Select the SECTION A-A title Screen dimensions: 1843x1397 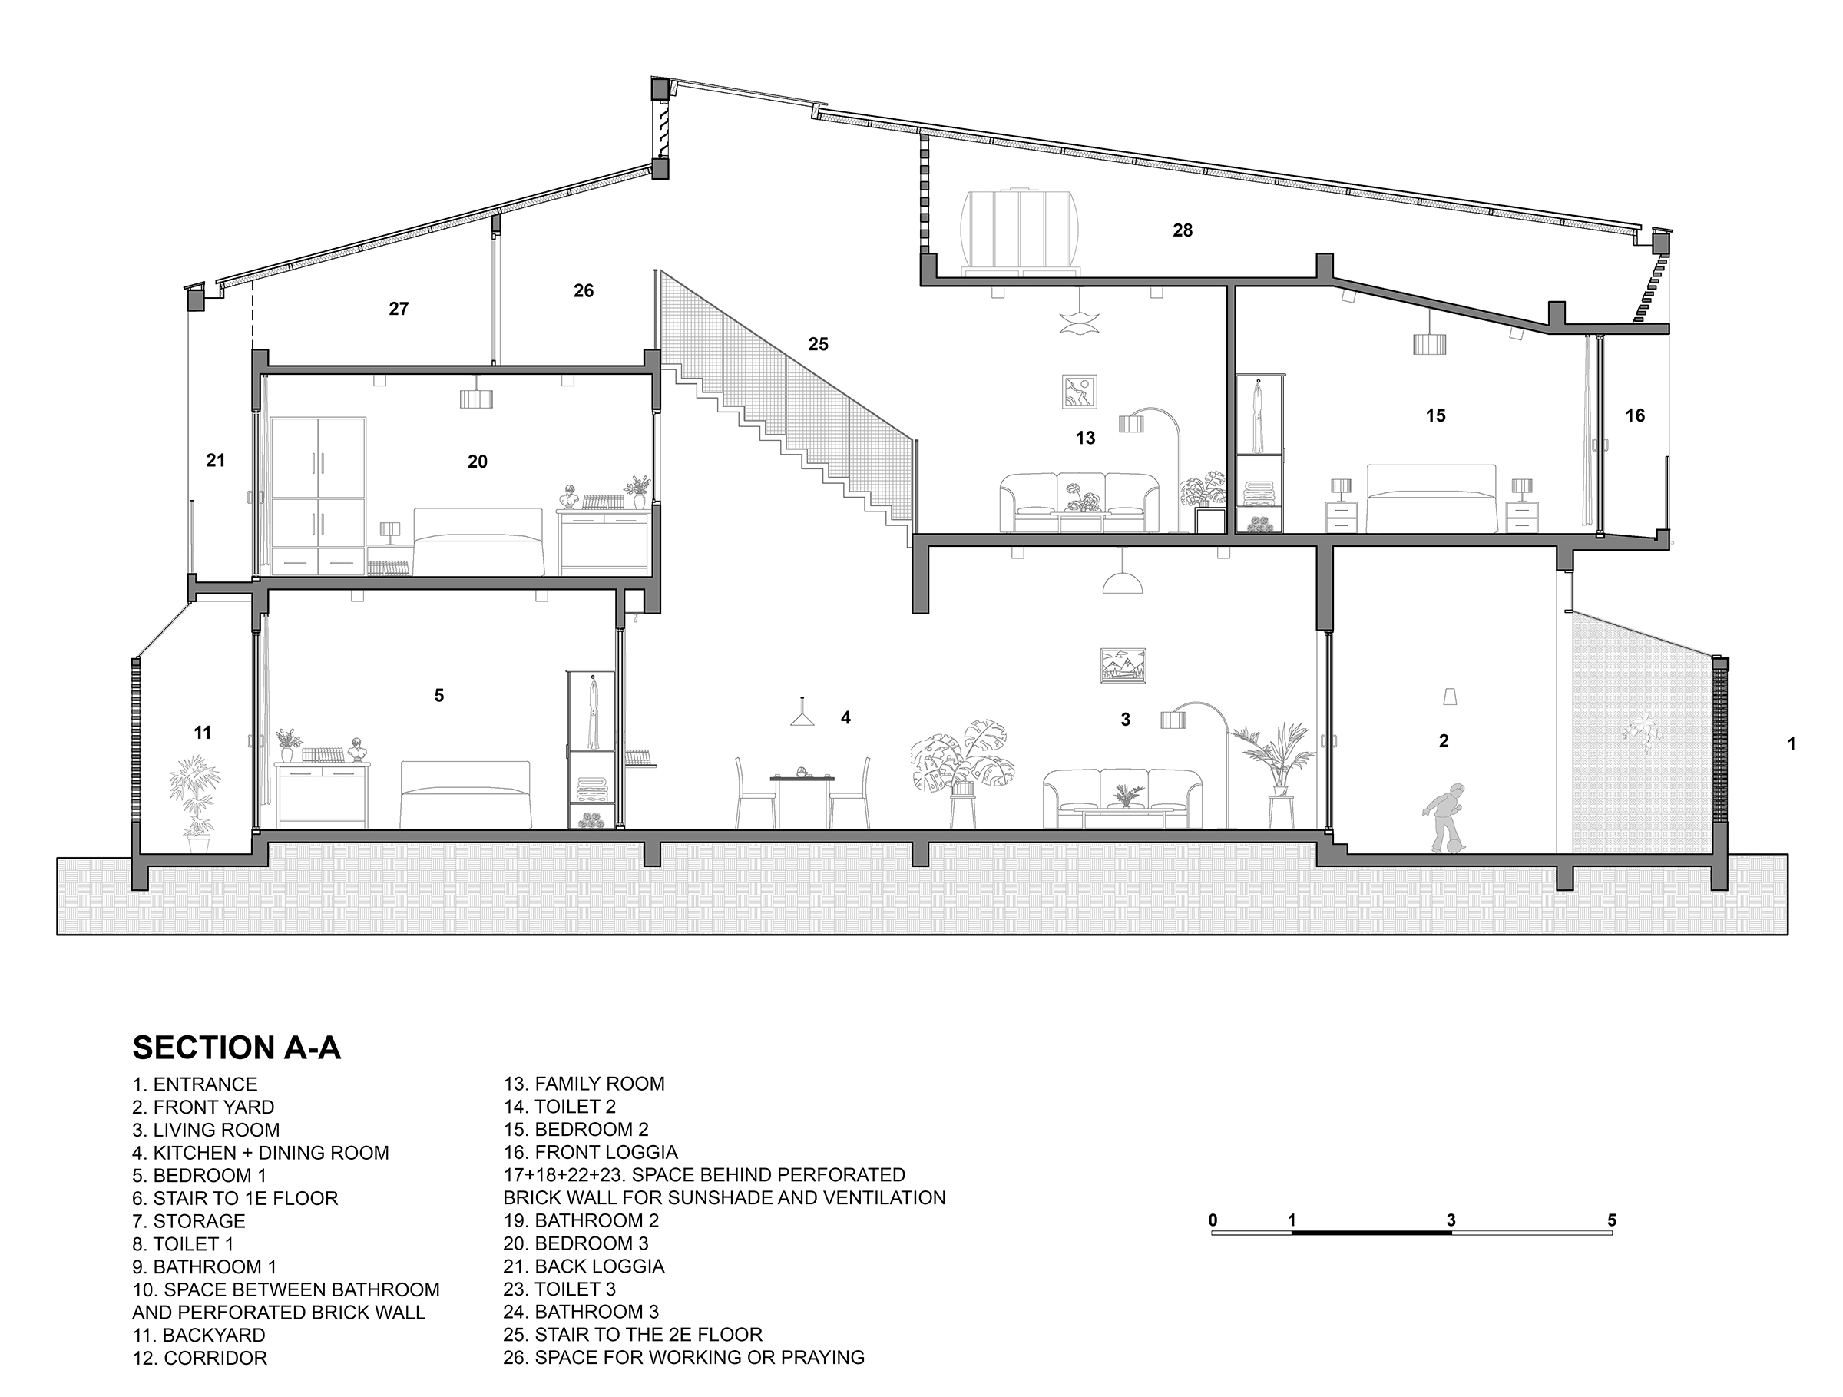point(237,1047)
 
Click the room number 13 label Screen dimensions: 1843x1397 point(1085,437)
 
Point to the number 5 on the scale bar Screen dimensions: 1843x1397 point(1611,1220)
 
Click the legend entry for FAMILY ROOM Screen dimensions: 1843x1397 point(584,1084)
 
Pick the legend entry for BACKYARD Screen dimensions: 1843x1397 point(199,1335)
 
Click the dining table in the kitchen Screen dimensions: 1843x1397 point(802,799)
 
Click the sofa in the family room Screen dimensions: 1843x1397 point(1079,502)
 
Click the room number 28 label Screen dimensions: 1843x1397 point(1183,230)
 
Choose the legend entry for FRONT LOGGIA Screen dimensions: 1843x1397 point(591,1152)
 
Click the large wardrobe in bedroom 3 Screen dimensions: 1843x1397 point(318,495)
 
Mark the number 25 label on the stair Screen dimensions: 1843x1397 point(818,344)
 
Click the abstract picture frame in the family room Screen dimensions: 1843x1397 point(1079,392)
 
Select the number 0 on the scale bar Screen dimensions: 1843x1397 point(1213,1220)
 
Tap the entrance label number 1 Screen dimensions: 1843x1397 point(1792,744)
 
